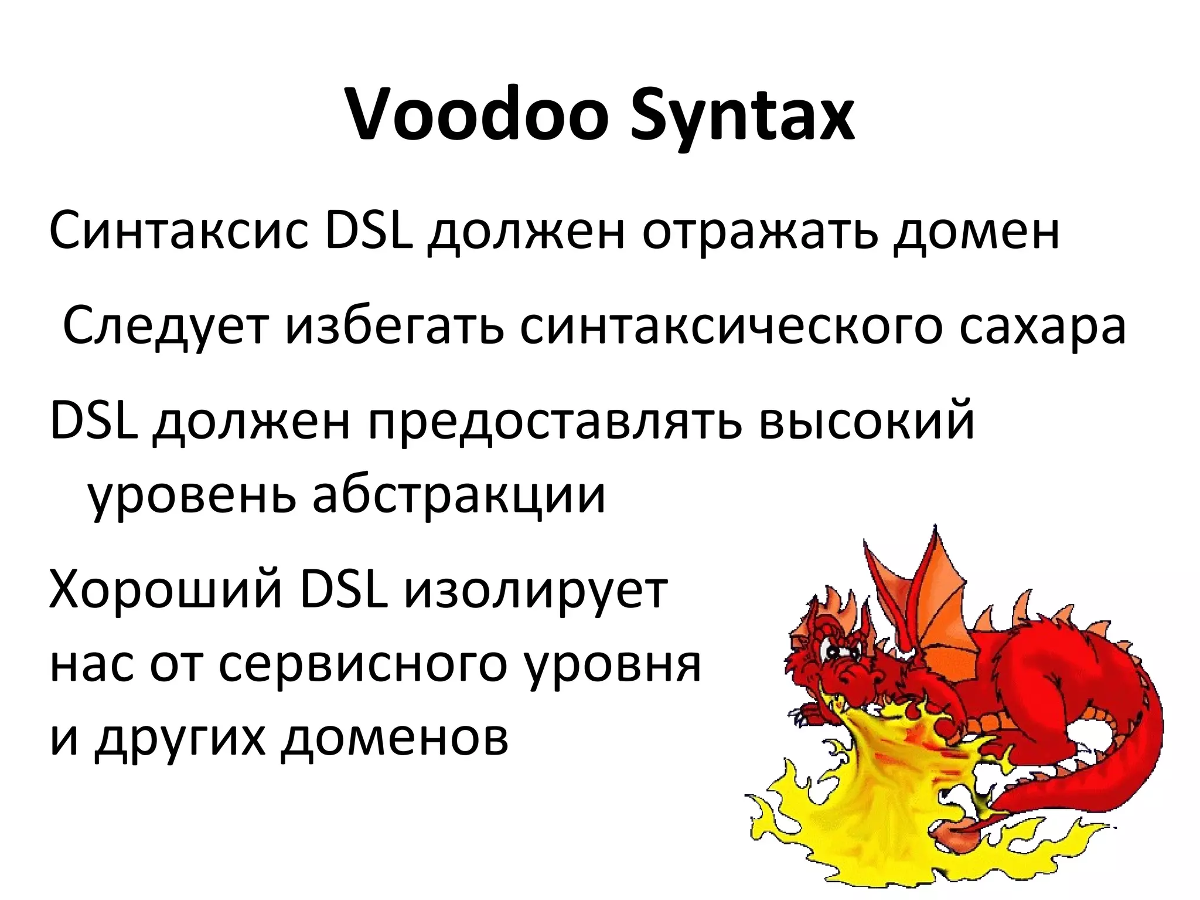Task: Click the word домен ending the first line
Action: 976,232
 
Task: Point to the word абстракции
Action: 458,495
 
